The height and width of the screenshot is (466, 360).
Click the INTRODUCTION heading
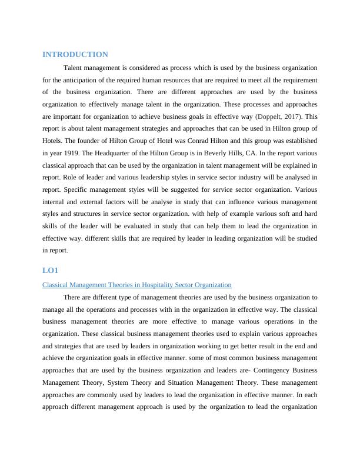pos(75,54)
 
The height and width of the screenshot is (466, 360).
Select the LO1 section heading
pos(51,270)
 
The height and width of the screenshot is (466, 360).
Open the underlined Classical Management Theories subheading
pos(137,285)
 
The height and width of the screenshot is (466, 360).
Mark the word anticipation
pos(85,79)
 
